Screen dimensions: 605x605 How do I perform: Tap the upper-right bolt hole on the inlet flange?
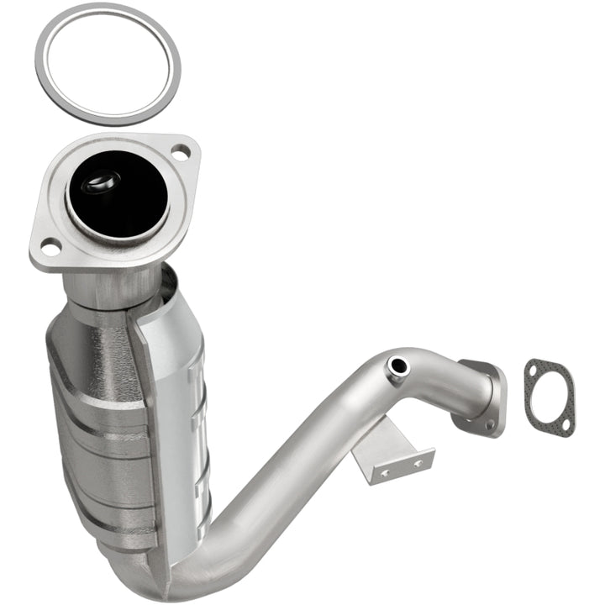180,153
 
